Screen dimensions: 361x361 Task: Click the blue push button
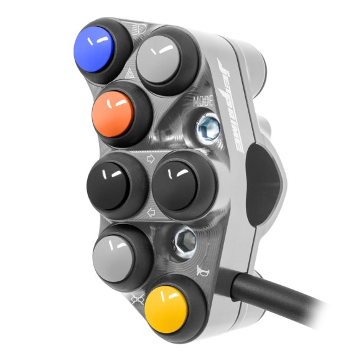(93, 49)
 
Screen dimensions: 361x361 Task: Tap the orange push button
(113, 115)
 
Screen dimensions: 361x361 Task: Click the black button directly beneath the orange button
(107, 185)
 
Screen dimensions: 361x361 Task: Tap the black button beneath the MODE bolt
(174, 185)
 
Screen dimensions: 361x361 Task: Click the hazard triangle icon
(129, 74)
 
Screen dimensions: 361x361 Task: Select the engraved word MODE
(203, 101)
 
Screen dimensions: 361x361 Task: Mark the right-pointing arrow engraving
(151, 159)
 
